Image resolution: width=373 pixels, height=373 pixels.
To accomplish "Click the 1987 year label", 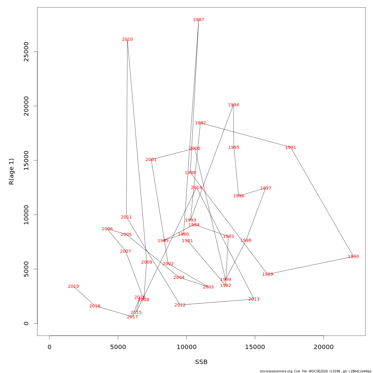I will pyautogui.click(x=199, y=20).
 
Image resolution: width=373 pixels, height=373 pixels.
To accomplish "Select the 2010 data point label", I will pyautogui.click(x=127, y=39).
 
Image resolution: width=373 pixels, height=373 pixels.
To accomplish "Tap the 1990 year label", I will pyautogui.click(x=353, y=257).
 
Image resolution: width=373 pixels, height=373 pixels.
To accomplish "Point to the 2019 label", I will pyautogui.click(x=73, y=287).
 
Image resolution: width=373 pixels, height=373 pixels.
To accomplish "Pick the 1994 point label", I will pyautogui.click(x=233, y=105).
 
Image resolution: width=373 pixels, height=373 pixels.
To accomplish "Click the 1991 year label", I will pyautogui.click(x=291, y=148).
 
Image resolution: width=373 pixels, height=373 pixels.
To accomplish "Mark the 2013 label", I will pyautogui.click(x=254, y=299).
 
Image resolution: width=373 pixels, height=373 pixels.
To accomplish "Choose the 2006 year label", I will pyautogui.click(x=107, y=229).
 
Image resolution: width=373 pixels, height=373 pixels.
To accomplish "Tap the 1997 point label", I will pyautogui.click(x=266, y=188).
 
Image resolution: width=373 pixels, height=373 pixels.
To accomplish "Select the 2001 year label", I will pyautogui.click(x=151, y=160).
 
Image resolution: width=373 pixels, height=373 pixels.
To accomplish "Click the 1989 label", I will pyautogui.click(x=268, y=274).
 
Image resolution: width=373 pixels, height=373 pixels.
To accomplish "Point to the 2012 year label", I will pyautogui.click(x=180, y=305).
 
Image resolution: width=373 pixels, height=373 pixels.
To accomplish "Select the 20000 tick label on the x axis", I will pyautogui.click(x=324, y=347).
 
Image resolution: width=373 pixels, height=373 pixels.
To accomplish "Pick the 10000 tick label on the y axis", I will pyautogui.click(x=26, y=215).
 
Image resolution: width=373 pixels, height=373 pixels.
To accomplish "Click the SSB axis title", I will pyautogui.click(x=201, y=362).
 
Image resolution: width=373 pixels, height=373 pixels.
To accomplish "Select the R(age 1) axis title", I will pyautogui.click(x=12, y=172).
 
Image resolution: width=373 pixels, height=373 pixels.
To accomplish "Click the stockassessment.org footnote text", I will pyautogui.click(x=315, y=371).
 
